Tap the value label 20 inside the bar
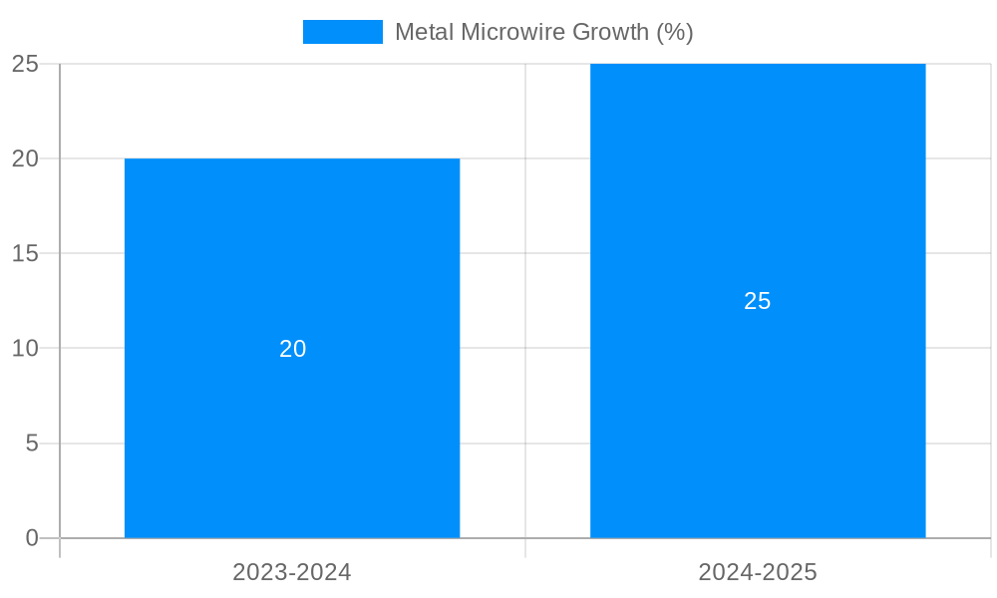[x=292, y=349]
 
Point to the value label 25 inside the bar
[x=758, y=301]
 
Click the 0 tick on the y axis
[x=32, y=538]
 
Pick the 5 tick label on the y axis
[x=32, y=443]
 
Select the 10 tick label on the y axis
[x=25, y=348]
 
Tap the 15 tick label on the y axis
[x=25, y=253]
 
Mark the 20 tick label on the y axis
[x=25, y=158]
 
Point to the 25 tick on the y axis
[x=25, y=64]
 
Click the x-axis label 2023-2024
[x=292, y=572]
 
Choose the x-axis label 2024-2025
[x=758, y=572]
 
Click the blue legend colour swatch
[x=342, y=32]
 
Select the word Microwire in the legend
[x=511, y=32]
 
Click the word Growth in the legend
[x=612, y=32]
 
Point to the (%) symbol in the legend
[x=674, y=32]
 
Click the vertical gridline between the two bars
[x=525, y=299]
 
